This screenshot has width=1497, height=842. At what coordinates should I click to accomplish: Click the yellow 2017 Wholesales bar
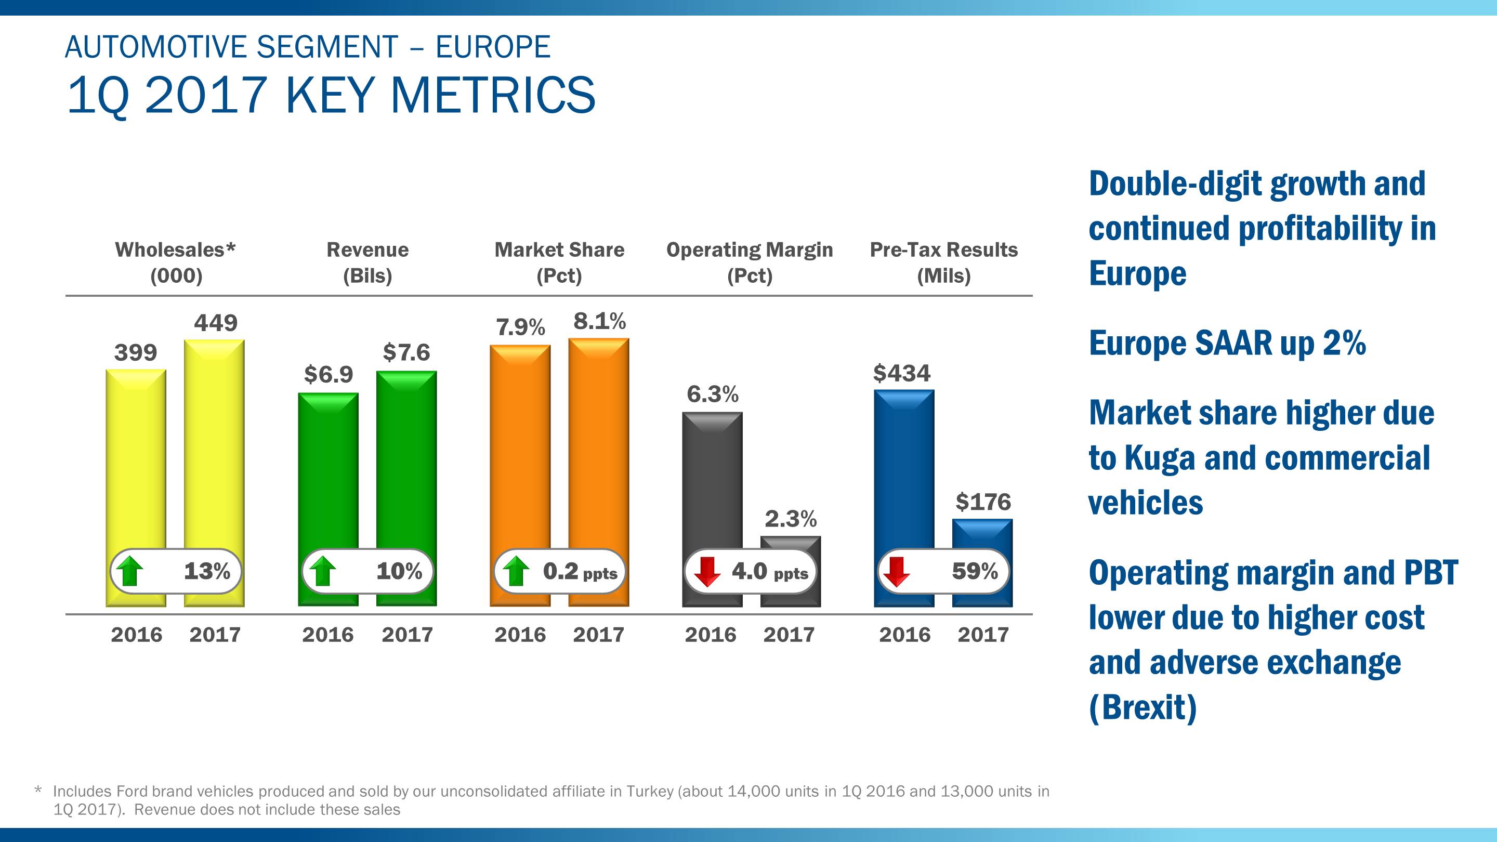pyautogui.click(x=214, y=442)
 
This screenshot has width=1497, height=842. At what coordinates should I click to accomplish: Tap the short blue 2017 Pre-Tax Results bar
pyautogui.click(x=982, y=535)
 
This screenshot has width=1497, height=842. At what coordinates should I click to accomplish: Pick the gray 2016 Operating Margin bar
pyautogui.click(x=712, y=482)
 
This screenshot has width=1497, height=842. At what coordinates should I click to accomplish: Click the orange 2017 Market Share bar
pyautogui.click(x=599, y=442)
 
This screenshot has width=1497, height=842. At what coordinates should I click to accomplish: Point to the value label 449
pyautogui.click(x=216, y=322)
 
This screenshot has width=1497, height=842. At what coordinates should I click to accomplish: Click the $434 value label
pyautogui.click(x=901, y=373)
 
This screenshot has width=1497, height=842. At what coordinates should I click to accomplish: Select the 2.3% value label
pyautogui.click(x=790, y=518)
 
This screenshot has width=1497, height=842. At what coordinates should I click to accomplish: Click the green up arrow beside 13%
pyautogui.click(x=130, y=571)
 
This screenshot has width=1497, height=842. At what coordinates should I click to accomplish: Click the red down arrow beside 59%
pyautogui.click(x=897, y=571)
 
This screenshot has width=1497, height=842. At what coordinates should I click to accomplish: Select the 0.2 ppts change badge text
pyautogui.click(x=580, y=572)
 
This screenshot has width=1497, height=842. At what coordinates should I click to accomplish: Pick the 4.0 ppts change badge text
pyautogui.click(x=769, y=572)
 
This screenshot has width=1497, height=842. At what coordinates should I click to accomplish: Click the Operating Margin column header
pyautogui.click(x=749, y=250)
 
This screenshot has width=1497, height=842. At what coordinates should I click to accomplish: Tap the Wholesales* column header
pyautogui.click(x=176, y=250)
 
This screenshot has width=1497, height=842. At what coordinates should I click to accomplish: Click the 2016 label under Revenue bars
pyautogui.click(x=328, y=635)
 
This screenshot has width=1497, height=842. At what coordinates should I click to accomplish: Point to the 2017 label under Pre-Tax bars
pyautogui.click(x=983, y=635)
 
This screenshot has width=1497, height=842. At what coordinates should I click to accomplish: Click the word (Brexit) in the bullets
pyautogui.click(x=1143, y=707)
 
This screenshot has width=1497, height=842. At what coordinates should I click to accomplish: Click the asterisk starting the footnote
pyautogui.click(x=38, y=790)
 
